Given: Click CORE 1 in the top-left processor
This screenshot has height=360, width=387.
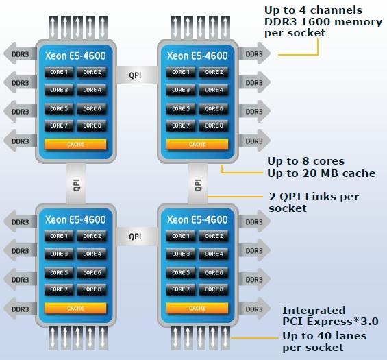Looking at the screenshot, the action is tap(59, 72).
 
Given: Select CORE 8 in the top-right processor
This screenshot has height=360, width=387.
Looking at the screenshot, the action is tap(214, 125).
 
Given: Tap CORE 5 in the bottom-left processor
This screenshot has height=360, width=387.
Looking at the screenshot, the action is tap(59, 272).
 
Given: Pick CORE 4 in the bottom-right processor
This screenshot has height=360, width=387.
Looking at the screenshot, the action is tap(214, 254).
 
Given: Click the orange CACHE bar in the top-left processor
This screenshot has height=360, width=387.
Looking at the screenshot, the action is tap(75, 144).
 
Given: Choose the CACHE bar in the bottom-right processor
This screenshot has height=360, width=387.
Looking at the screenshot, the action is tap(197, 308).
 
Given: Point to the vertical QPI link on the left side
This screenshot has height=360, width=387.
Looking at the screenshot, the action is tap(76, 184).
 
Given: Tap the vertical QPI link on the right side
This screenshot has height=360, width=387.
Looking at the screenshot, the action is tap(198, 184).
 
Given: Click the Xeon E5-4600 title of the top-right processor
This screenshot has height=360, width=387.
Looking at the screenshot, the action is tap(197, 56).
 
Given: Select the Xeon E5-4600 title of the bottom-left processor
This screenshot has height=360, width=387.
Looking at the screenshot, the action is tap(75, 219).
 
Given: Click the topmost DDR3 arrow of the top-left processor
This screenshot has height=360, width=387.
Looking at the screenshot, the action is tap(21, 53).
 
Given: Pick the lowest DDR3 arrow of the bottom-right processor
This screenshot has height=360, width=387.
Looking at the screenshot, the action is tap(255, 309).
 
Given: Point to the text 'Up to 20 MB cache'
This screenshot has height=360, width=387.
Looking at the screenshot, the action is tap(321, 173).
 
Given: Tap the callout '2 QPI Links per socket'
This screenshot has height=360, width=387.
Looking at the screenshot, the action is tap(314, 202).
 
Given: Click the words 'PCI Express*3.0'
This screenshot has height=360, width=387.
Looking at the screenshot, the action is tap(330, 322).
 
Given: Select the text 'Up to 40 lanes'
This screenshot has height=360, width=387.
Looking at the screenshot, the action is tap(325, 336).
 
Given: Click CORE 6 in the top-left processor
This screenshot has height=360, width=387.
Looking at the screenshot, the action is tap(92, 109).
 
